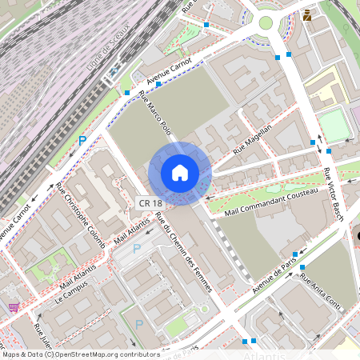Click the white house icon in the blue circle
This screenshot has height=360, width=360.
coord(179,172)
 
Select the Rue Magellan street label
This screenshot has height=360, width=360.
coord(252,138)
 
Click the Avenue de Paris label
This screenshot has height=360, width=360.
coord(274,274)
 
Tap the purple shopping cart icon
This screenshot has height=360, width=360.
coord(13,307)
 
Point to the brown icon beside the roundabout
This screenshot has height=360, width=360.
coord(307,14)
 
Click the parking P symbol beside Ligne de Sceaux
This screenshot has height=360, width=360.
coord(82,140)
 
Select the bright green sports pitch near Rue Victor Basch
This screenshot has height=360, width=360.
coord(335,126)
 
